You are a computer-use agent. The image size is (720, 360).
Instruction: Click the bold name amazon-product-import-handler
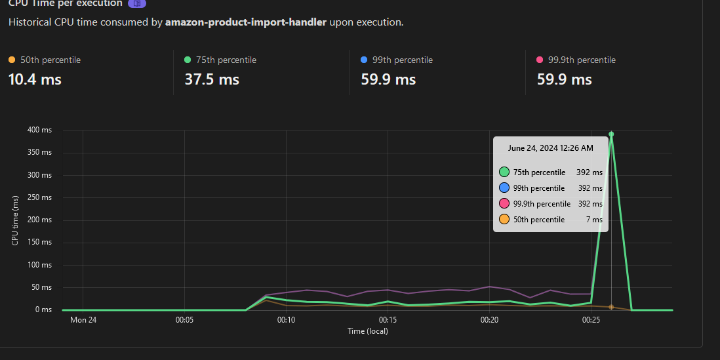pos(245,22)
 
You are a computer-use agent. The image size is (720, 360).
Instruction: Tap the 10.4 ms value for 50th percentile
pos(35,80)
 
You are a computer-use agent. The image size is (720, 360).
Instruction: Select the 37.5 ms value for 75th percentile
pos(212,80)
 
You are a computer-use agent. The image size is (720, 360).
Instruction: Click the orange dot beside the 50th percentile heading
pos(12,60)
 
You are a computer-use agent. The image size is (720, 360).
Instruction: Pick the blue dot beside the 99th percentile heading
pos(364,60)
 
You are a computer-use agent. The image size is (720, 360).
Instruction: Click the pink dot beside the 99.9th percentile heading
pos(540,60)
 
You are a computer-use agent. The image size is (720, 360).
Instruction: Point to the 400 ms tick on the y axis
pos(39,130)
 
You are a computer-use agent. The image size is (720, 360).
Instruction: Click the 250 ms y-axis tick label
pos(39,198)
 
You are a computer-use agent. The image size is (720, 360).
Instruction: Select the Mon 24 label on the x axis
pos(83,320)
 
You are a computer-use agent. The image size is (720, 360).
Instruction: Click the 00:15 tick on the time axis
pos(388,320)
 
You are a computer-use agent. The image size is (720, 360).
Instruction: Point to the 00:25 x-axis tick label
pos(591,320)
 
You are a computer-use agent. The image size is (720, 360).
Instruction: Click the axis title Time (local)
pos(368,331)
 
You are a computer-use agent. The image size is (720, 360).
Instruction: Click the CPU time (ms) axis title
pos(14,220)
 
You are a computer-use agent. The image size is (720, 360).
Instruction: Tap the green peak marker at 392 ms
pos(611,134)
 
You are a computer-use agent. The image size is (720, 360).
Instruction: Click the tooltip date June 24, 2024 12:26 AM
pos(550,148)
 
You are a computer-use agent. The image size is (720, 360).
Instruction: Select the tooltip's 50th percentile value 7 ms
pos(594,220)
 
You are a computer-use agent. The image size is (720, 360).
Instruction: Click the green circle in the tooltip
pos(504,172)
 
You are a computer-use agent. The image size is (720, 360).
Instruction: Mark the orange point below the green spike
pos(611,307)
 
